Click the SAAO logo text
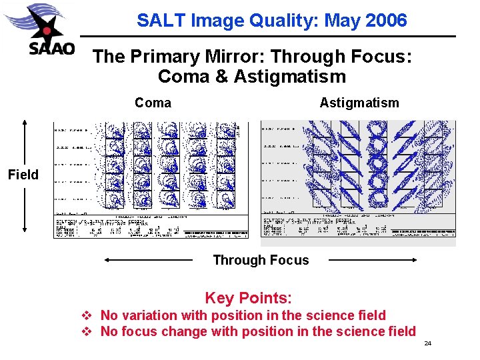(51, 49)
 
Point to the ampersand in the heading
(221, 76)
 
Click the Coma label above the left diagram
(153, 103)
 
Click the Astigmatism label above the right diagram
(359, 103)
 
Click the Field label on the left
(23, 175)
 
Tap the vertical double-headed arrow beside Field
(25, 175)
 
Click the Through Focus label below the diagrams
(261, 260)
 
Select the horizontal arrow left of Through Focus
(149, 260)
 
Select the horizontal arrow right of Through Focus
(373, 260)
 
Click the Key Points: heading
(248, 298)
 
